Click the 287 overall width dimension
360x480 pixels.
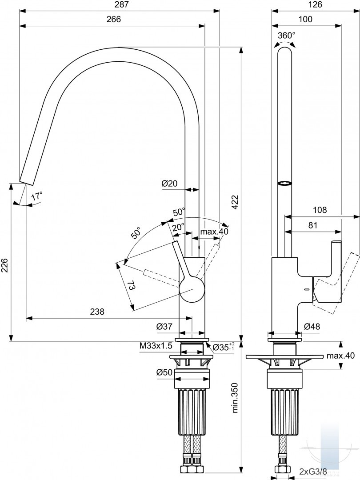click(x=120, y=4)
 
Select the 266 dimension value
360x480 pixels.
click(x=114, y=19)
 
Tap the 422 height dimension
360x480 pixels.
click(x=235, y=202)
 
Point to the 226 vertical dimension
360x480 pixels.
click(x=4, y=265)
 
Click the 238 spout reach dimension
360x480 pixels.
click(x=97, y=312)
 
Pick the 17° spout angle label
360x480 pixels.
click(x=37, y=196)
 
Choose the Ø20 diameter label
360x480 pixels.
click(x=169, y=184)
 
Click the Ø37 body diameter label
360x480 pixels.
click(x=164, y=327)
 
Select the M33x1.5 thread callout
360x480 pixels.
click(x=156, y=346)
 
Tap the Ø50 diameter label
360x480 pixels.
click(x=164, y=372)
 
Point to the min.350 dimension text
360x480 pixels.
click(x=235, y=397)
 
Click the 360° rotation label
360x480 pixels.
click(x=287, y=36)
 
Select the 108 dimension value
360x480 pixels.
click(x=320, y=210)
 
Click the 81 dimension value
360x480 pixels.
click(x=312, y=226)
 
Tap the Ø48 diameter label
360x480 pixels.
click(x=312, y=327)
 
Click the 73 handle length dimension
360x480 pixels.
click(x=131, y=286)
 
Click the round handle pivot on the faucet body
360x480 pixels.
click(x=192, y=289)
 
